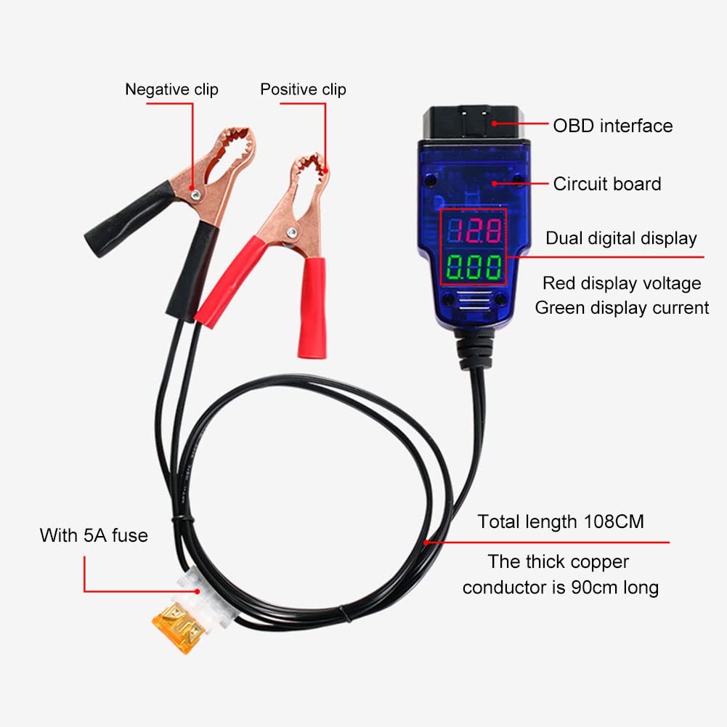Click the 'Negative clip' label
171,89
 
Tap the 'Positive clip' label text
303,89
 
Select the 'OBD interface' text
612,126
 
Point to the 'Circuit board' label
606,184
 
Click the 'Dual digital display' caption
621,238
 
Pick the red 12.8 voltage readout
474,231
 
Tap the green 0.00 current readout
474,267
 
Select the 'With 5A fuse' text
94,536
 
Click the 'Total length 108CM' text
560,521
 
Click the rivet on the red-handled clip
292,232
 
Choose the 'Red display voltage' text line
622,283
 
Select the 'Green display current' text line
622,308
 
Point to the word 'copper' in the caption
593,561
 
